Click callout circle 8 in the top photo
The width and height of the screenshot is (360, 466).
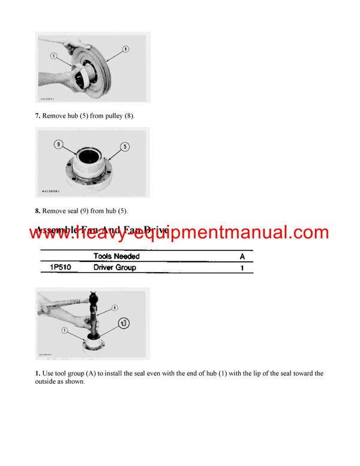coord(125,47)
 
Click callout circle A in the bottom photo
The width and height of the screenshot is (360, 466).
coord(114,309)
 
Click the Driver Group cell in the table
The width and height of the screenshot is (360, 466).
coord(115,267)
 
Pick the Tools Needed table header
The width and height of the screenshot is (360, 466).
coord(116,256)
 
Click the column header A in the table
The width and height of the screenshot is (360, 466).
coord(242,256)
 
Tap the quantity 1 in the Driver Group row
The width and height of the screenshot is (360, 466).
coord(242,268)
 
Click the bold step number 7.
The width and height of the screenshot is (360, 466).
coord(37,114)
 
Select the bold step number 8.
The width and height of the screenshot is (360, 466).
coord(37,210)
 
